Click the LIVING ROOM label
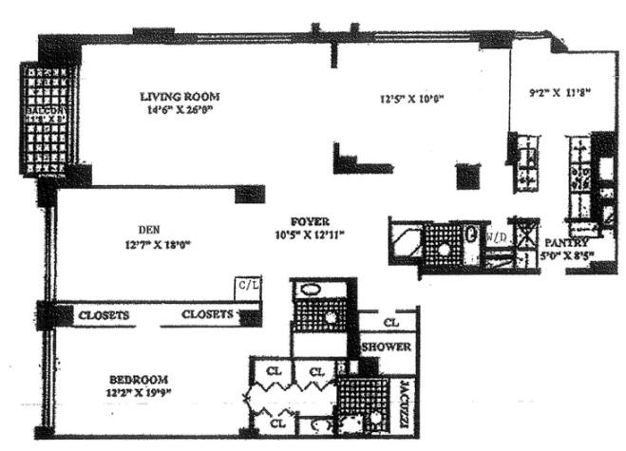click(180, 96)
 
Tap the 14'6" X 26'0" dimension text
click(180, 108)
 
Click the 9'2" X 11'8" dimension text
click(560, 92)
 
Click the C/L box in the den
click(248, 285)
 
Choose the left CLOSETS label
click(104, 314)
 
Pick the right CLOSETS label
click(207, 314)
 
